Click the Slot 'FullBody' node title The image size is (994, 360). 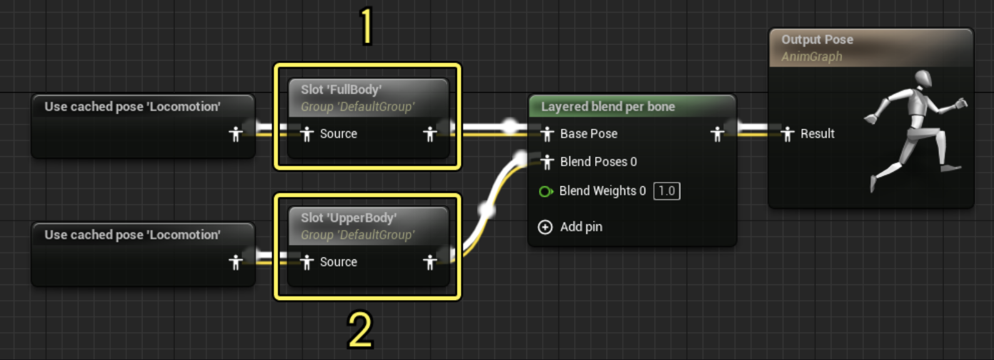341,89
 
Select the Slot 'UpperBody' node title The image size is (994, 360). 348,217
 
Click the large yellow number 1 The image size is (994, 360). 367,26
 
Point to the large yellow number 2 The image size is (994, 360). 360,330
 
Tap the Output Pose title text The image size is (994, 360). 816,39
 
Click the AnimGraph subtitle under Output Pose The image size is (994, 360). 811,57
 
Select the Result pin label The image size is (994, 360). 817,134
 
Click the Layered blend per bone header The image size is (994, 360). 608,107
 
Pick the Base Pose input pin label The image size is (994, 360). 588,134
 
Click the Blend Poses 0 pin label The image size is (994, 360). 598,162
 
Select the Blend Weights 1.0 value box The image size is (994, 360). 666,191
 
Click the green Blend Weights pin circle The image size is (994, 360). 545,191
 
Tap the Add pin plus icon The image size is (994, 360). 545,227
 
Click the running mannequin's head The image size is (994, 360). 923,79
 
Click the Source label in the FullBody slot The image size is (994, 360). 338,134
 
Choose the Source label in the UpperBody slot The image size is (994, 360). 338,262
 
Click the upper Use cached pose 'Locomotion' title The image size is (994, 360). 132,107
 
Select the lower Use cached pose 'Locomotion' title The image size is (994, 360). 132,235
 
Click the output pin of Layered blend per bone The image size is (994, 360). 717,134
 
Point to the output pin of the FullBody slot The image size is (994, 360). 429,134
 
